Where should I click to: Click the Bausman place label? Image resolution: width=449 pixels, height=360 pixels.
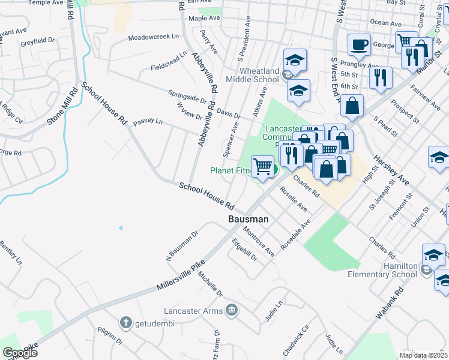tap(248, 220)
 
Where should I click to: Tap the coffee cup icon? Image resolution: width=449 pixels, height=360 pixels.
tap(359, 44)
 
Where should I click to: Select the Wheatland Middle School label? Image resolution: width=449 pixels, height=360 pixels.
tap(252, 75)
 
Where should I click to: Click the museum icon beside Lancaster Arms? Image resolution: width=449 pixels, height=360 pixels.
tap(232, 310)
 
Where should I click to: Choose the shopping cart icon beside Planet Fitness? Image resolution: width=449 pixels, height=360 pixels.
tap(262, 166)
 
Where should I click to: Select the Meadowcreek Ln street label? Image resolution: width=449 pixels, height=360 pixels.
tap(154, 37)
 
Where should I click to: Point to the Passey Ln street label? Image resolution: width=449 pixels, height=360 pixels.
tap(148, 121)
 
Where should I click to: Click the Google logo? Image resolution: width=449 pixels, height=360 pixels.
tap(20, 353)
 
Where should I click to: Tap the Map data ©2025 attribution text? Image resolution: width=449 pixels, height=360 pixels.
tap(423, 355)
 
